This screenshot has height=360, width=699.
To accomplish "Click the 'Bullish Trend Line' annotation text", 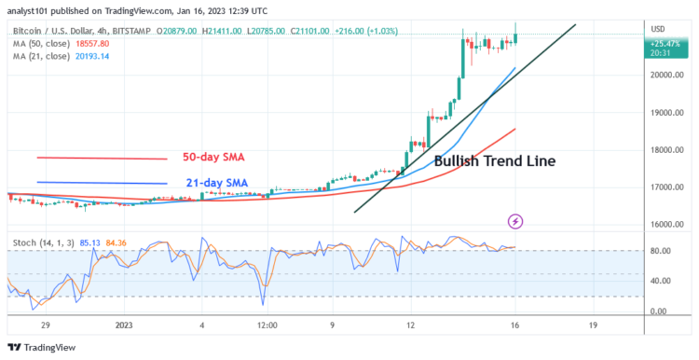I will point(495,160).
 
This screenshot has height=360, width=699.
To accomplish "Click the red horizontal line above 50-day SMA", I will point(102,158).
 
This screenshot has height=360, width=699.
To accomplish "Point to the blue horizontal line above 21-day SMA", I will point(102,183).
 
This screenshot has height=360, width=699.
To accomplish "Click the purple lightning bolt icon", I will point(515,222).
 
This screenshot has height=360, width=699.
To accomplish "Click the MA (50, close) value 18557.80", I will point(98,44).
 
